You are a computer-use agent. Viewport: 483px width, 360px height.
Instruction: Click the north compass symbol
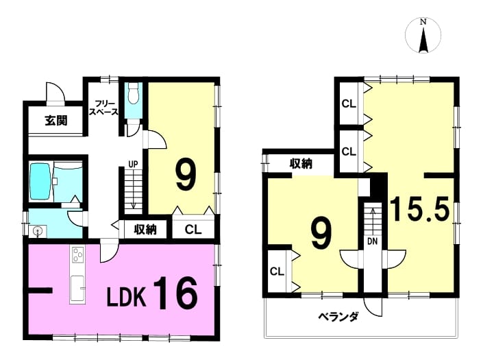423,36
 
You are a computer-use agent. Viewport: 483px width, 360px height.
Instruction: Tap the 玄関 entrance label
55,121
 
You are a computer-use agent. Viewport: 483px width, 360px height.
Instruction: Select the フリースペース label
103,108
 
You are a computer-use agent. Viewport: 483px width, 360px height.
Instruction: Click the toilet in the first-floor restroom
134,93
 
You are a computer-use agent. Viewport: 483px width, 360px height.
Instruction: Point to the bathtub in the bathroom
40,182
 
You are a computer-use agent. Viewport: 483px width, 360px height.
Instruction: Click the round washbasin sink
38,231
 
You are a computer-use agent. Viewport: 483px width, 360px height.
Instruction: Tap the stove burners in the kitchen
77,254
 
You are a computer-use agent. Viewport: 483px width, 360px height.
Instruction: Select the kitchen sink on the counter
77,289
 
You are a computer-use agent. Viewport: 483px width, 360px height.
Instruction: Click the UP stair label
133,165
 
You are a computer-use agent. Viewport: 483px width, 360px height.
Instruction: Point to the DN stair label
373,241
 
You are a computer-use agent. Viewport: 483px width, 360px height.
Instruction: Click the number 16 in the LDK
175,293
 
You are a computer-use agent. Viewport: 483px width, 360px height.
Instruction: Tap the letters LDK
126,297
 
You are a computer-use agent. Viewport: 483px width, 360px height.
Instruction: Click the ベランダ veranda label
338,317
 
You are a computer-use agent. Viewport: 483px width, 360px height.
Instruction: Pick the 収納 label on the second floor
301,163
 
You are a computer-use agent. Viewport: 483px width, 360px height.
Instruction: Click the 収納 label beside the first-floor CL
145,229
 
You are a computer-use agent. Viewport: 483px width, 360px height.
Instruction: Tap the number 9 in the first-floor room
186,176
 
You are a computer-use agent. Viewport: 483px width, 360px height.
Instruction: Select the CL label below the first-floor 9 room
193,230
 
